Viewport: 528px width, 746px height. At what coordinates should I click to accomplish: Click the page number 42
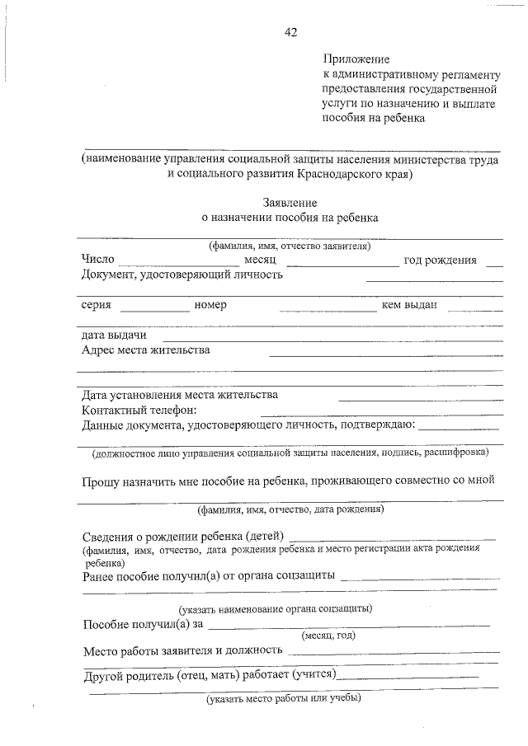pyautogui.click(x=290, y=32)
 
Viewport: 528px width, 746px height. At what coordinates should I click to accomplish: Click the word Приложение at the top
pyautogui.click(x=355, y=59)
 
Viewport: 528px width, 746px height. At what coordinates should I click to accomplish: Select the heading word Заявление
pyautogui.click(x=290, y=202)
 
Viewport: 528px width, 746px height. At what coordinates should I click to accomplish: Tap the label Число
pyautogui.click(x=97, y=260)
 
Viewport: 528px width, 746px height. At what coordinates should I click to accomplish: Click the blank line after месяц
pyautogui.click(x=342, y=265)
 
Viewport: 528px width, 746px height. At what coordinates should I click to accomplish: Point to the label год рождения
pyautogui.click(x=440, y=260)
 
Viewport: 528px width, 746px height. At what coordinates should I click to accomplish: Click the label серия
pyautogui.click(x=97, y=305)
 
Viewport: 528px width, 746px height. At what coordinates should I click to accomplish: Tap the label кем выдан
pyautogui.click(x=409, y=305)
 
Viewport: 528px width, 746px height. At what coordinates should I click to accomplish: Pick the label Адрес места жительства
pyautogui.click(x=145, y=350)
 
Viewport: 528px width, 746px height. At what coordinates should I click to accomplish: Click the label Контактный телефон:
pyautogui.click(x=139, y=410)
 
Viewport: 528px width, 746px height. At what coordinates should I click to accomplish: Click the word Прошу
pyautogui.click(x=101, y=482)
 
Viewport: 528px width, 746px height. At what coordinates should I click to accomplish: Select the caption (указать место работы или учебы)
pyautogui.click(x=283, y=699)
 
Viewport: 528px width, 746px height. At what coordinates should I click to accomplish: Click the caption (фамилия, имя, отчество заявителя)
pyautogui.click(x=290, y=246)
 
